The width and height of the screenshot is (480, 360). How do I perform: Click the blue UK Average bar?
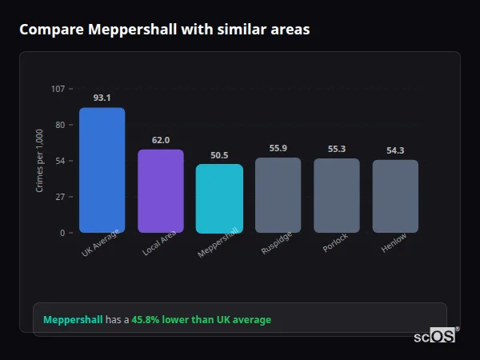(102, 170)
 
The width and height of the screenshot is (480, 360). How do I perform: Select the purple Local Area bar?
(161, 191)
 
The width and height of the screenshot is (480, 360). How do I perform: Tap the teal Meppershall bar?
(219, 198)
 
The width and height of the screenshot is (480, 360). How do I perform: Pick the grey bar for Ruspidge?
(278, 195)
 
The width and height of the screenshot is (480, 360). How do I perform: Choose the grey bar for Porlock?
(337, 196)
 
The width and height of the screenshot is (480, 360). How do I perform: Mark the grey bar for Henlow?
(395, 197)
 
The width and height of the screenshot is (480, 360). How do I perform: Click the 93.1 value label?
(102, 98)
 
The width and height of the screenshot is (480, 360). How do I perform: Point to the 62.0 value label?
(161, 140)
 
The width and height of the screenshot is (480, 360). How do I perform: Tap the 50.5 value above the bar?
(219, 155)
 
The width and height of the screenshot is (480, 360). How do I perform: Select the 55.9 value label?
(278, 148)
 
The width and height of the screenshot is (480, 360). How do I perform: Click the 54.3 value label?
(395, 150)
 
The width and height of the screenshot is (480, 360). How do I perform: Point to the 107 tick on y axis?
(58, 89)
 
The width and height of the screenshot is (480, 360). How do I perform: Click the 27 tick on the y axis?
(61, 197)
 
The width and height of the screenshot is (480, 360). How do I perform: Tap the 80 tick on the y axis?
(61, 125)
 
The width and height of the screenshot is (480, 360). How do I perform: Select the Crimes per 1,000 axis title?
(40, 161)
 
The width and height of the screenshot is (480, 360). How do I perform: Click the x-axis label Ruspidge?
(277, 245)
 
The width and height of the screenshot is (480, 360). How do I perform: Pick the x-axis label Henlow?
(394, 244)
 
